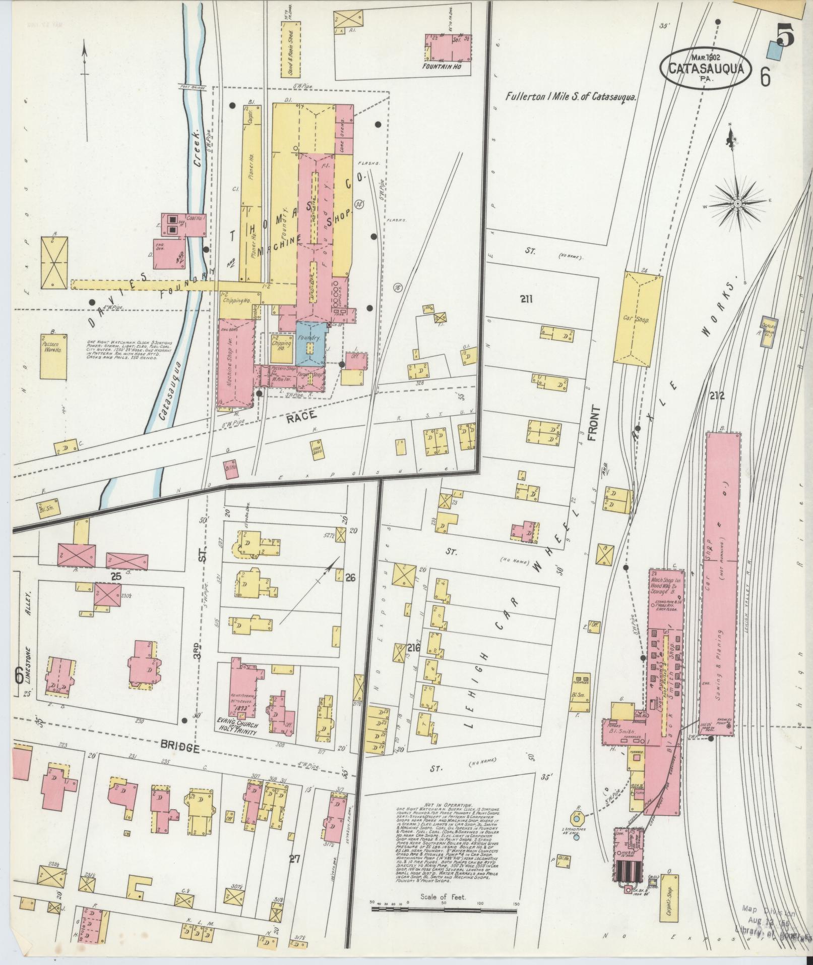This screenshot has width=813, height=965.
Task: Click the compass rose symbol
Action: (x=737, y=203)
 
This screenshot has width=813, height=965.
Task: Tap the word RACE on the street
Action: (x=302, y=415)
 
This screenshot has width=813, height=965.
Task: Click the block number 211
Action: (x=526, y=299)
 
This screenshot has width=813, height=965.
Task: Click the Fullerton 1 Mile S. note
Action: (x=571, y=97)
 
